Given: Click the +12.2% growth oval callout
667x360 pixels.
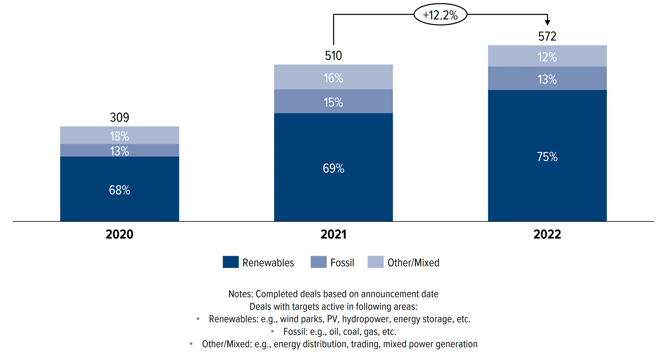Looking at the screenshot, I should (x=440, y=15).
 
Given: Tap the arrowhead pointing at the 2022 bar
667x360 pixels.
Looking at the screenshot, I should (x=547, y=22).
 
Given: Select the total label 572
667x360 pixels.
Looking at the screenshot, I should (x=547, y=36).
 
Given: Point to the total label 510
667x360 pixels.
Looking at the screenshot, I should (x=333, y=56).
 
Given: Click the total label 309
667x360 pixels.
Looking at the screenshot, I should (x=119, y=117).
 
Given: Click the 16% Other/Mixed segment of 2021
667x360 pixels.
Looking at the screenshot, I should (x=333, y=77).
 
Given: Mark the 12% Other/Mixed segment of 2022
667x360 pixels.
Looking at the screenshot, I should (x=547, y=56).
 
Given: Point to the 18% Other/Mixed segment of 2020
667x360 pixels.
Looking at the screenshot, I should (x=119, y=135).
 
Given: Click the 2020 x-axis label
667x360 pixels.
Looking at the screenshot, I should (x=119, y=234).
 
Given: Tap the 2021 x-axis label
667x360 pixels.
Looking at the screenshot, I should (x=333, y=234).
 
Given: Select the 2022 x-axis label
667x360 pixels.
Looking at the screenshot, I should (x=547, y=234).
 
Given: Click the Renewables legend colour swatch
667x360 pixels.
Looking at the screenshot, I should (x=231, y=262).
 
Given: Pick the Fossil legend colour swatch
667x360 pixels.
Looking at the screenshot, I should (x=318, y=262).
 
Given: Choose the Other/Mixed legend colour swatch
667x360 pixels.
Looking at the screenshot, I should (x=375, y=262).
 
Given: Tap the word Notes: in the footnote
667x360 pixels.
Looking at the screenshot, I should (x=241, y=294).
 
